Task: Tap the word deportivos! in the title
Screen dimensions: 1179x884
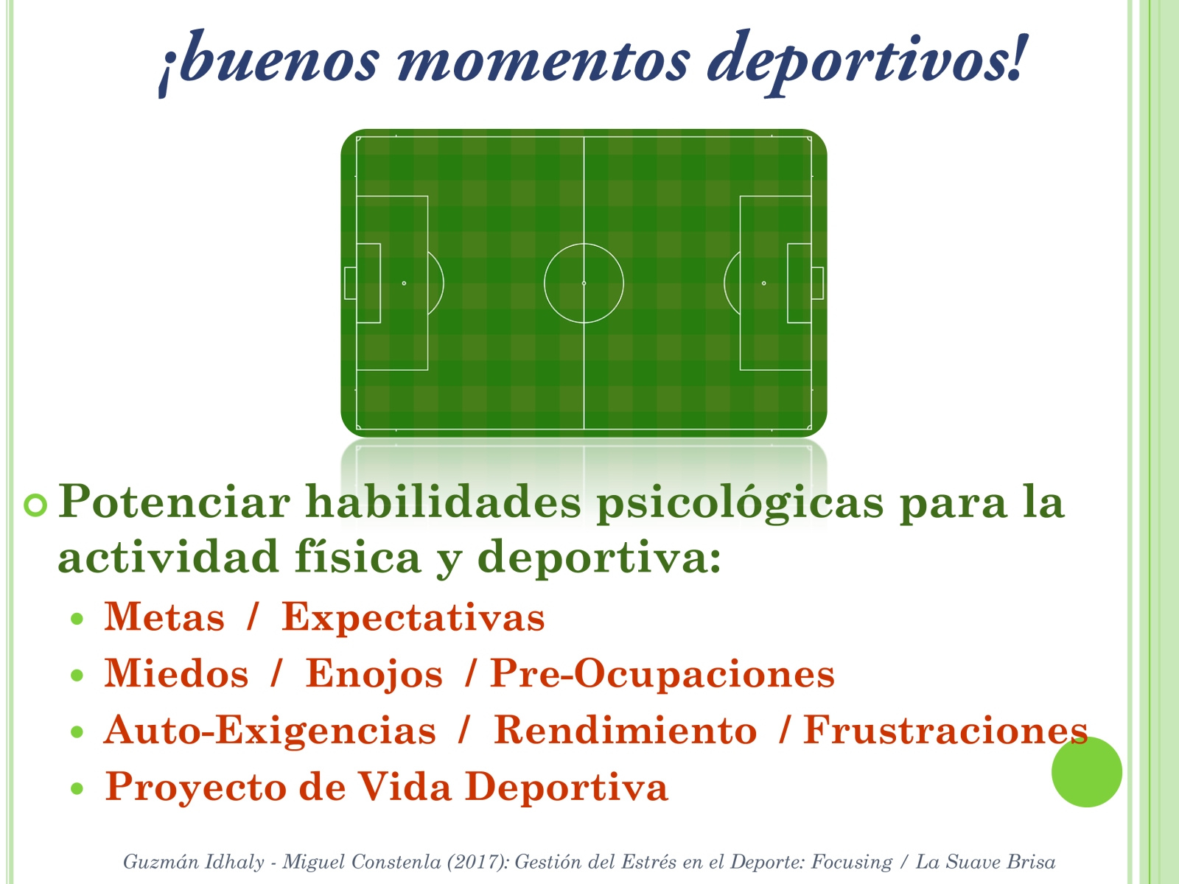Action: click(866, 63)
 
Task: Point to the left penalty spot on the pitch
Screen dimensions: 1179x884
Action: click(404, 283)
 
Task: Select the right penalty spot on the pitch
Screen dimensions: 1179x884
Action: click(764, 283)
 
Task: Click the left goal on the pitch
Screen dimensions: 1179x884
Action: click(350, 283)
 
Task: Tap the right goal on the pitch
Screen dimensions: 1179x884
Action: click(817, 283)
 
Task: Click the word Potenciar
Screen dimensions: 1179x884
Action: click(174, 502)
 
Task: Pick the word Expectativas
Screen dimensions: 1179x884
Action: click(413, 618)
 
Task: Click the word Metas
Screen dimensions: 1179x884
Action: click(164, 617)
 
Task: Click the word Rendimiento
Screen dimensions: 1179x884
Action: click(625, 731)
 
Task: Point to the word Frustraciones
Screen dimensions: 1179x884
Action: click(945, 731)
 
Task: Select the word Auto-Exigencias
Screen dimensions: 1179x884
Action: click(270, 731)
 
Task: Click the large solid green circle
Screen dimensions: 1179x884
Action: click(1087, 771)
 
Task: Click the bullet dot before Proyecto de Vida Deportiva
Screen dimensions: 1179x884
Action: click(77, 788)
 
